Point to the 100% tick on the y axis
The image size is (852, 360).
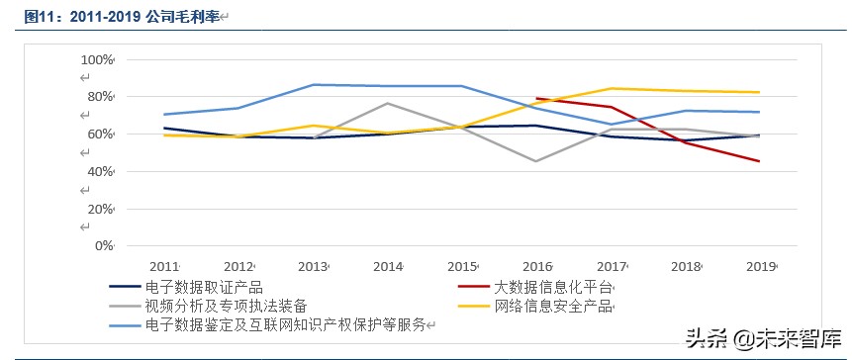[98, 59]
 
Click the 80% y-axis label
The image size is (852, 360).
[101, 96]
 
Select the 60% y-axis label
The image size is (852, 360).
[101, 134]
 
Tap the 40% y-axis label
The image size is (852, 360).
[101, 171]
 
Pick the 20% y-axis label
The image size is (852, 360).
[101, 209]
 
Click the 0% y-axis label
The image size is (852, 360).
[104, 245]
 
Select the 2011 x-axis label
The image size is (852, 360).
[163, 267]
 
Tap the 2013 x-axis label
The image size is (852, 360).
[313, 267]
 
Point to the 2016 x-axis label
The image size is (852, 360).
[536, 267]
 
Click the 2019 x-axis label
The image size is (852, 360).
[760, 267]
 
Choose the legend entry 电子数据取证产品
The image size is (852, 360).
[204, 287]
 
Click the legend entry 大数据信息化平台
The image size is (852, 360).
[553, 287]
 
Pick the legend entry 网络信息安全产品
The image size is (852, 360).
[553, 306]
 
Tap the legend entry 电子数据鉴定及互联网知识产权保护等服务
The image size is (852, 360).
[286, 324]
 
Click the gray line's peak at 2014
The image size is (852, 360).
[387, 103]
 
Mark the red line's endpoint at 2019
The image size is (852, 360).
[759, 161]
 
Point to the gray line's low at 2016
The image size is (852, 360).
[536, 161]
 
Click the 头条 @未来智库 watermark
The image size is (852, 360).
[759, 338]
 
